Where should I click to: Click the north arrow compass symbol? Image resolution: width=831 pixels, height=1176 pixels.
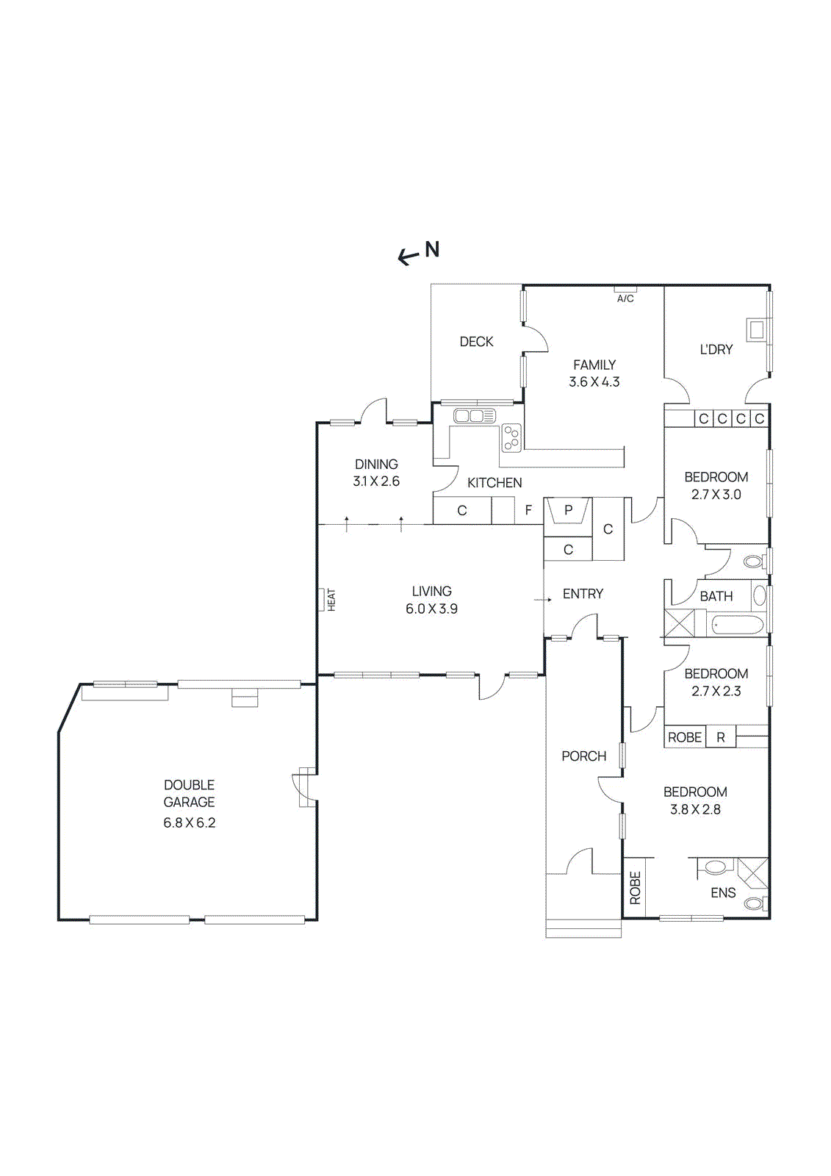click(418, 252)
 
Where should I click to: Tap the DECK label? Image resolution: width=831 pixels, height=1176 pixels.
click(476, 342)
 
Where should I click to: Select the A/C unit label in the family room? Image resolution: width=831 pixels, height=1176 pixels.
click(625, 298)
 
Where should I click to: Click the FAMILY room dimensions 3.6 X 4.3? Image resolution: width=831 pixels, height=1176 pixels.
click(594, 382)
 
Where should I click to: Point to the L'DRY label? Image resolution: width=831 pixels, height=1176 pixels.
click(716, 350)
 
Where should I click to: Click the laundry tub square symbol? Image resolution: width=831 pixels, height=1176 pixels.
click(756, 329)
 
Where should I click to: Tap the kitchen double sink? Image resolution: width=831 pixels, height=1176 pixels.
click(475, 417)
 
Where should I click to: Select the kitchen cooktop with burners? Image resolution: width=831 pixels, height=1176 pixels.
click(511, 438)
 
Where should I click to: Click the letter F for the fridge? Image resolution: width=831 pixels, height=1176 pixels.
click(528, 510)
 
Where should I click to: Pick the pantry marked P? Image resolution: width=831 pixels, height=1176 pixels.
click(568, 510)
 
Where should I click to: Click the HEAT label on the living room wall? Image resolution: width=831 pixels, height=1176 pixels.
click(331, 600)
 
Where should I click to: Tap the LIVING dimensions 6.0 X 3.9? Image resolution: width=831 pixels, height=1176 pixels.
click(431, 609)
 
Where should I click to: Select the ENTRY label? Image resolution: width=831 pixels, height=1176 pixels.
click(583, 594)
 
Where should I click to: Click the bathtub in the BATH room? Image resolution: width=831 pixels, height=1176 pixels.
click(738, 626)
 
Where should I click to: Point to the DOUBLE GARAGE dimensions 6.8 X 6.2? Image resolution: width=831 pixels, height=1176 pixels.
click(189, 822)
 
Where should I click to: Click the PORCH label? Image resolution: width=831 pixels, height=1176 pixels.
click(583, 756)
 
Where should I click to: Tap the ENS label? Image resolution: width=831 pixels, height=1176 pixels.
click(723, 893)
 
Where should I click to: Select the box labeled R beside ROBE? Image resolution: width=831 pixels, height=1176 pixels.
click(721, 737)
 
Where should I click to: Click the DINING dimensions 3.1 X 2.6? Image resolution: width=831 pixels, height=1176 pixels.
click(376, 481)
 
